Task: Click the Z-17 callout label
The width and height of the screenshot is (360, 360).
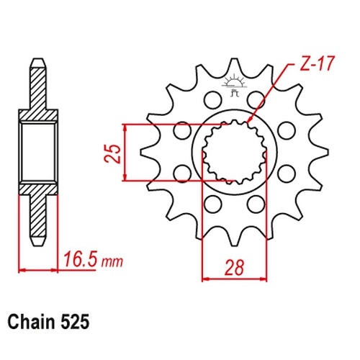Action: click(317, 63)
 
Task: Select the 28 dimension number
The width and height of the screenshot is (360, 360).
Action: click(234, 267)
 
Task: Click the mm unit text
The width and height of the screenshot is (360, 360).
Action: click(112, 262)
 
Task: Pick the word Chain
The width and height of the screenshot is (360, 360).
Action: click(31, 322)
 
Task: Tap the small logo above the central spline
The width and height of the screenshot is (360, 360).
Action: click(234, 86)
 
